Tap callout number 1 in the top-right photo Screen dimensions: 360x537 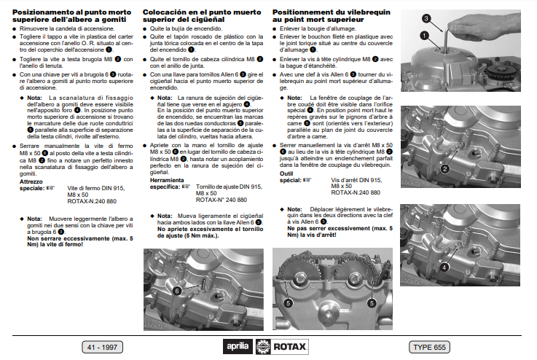click(423, 34)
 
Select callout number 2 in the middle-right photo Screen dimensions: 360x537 click(444, 168)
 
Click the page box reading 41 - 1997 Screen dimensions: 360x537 click(103, 346)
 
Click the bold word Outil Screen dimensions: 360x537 click(286, 173)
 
